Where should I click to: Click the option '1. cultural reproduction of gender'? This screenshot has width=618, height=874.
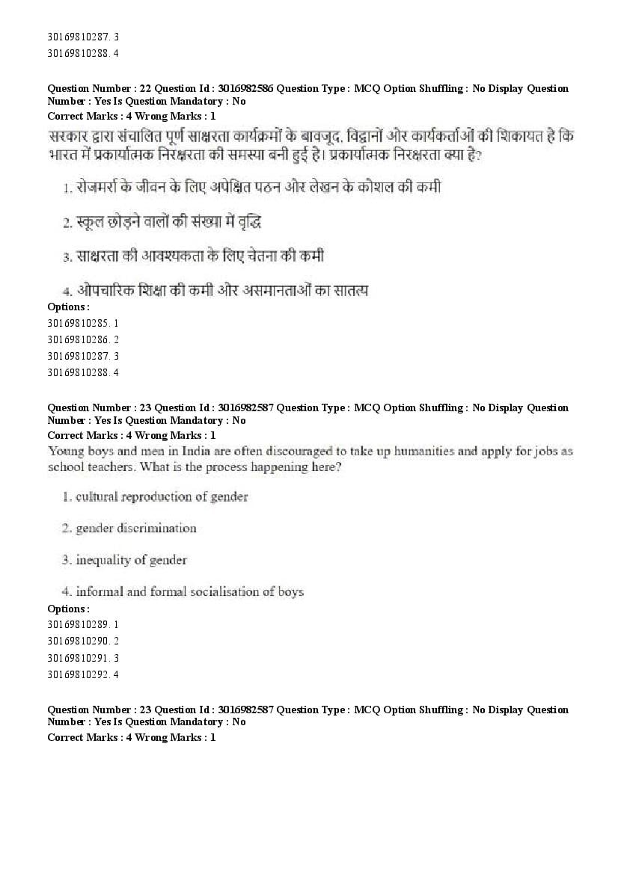tap(155, 496)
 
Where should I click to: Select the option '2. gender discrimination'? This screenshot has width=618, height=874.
tap(129, 529)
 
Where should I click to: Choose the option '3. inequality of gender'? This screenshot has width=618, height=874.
tap(124, 560)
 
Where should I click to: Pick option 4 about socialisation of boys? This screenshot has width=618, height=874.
tap(183, 592)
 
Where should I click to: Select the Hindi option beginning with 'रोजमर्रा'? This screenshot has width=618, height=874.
tap(252, 188)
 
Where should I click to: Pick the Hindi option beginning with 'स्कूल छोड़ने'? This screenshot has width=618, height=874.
tap(161, 222)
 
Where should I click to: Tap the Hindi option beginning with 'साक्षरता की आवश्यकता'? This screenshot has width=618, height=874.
tap(193, 256)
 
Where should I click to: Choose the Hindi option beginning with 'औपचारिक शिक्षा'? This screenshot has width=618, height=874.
tap(215, 291)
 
